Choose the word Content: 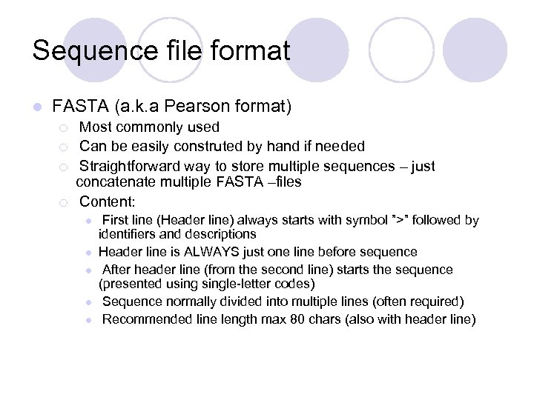pyautogui.click(x=108, y=201)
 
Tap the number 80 pyautogui.click(x=275, y=319)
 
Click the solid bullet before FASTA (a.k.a pyautogui.click(x=36, y=107)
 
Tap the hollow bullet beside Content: pyautogui.click(x=65, y=201)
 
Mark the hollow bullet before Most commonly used pyautogui.click(x=65, y=127)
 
